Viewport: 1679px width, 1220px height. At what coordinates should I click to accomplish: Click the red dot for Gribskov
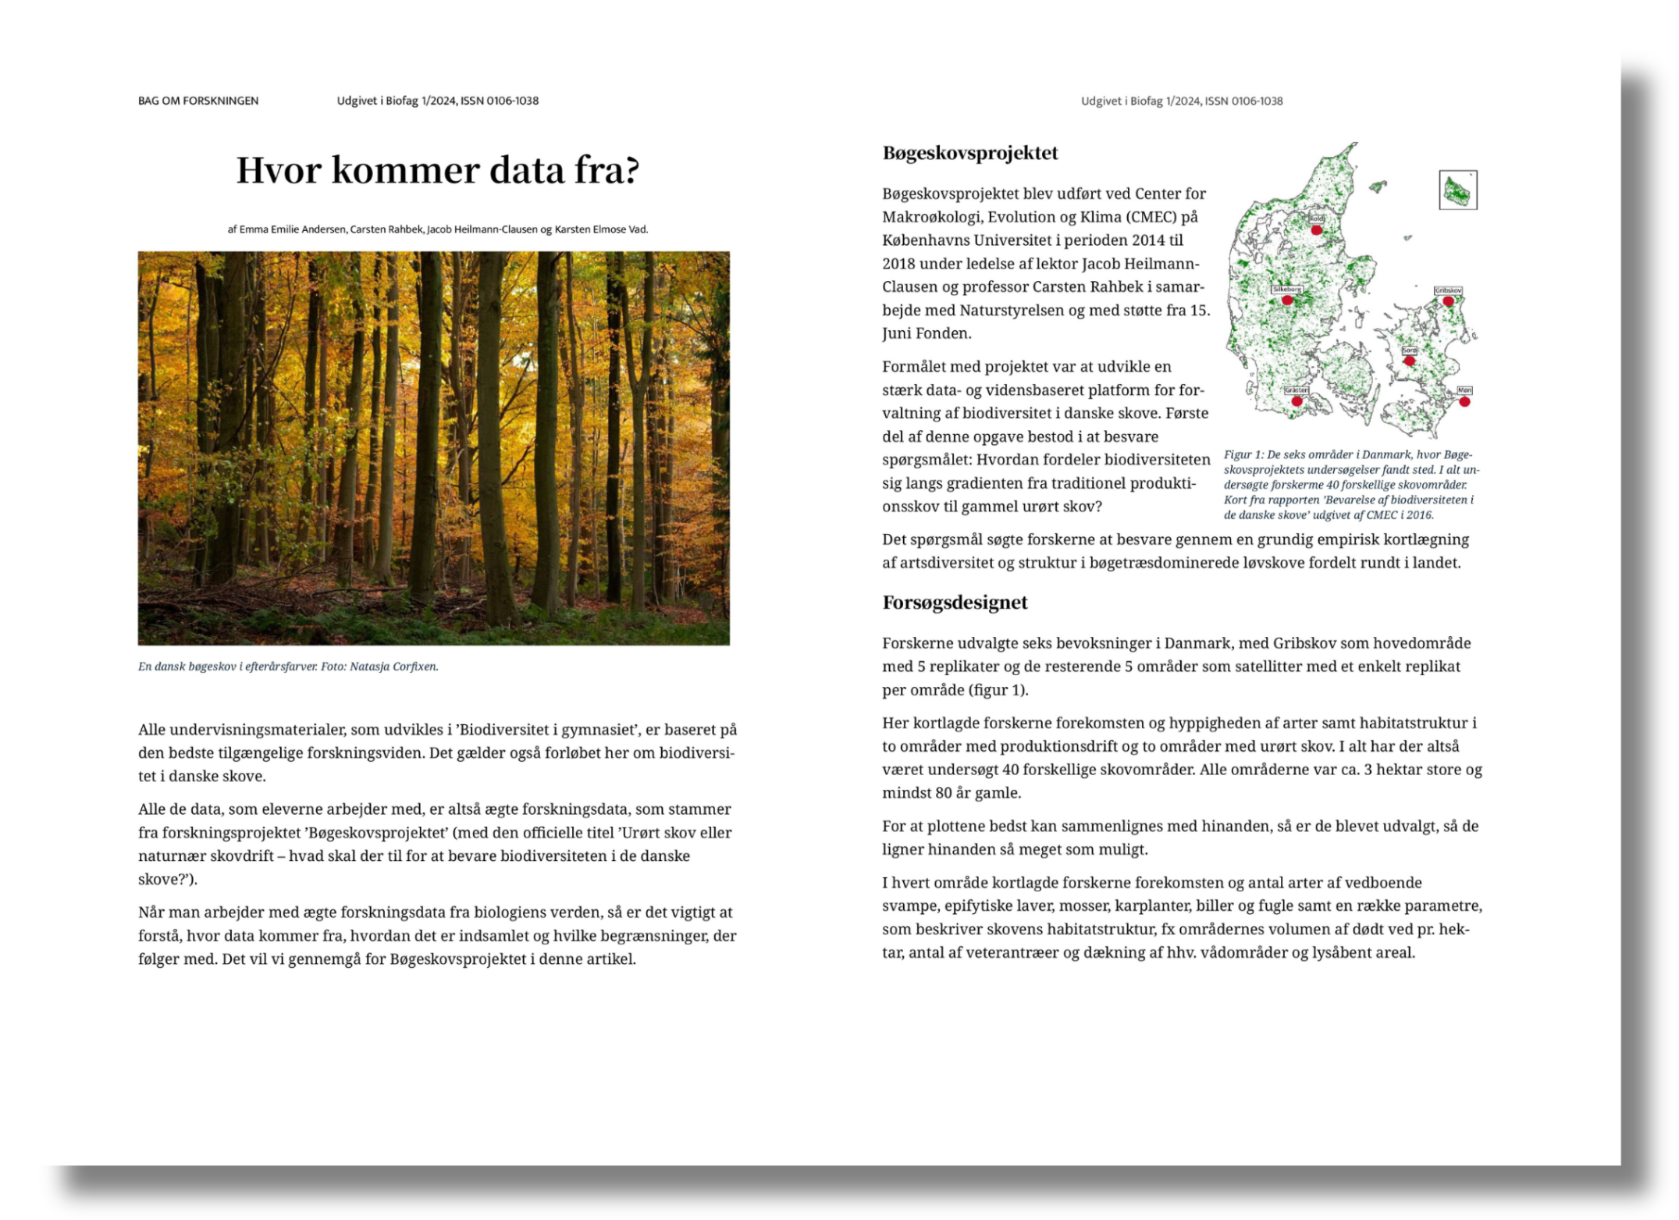click(x=1448, y=301)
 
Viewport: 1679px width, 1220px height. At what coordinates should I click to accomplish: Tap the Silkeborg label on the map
click(x=1287, y=290)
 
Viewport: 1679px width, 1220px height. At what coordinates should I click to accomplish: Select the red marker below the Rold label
click(x=1316, y=230)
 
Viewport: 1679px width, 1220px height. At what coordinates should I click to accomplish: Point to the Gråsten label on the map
click(x=1297, y=390)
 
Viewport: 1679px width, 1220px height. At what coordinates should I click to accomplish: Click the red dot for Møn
click(x=1464, y=402)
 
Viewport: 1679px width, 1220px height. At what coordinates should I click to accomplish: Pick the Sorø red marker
click(x=1409, y=361)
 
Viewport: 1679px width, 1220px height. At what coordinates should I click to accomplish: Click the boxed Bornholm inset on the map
click(x=1458, y=190)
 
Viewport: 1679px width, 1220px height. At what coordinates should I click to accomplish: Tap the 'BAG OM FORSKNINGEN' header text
click(x=198, y=101)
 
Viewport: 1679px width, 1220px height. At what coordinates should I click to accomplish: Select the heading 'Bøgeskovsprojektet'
click(x=970, y=153)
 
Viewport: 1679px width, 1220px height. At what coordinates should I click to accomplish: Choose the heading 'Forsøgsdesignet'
click(x=955, y=603)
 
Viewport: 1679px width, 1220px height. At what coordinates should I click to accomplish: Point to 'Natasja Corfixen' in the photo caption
click(x=393, y=667)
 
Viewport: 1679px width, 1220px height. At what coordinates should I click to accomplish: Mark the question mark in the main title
click(x=631, y=170)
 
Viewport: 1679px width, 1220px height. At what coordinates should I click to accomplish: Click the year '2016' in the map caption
click(x=1419, y=515)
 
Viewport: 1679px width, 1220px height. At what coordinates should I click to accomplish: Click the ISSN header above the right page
click(x=1181, y=101)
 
